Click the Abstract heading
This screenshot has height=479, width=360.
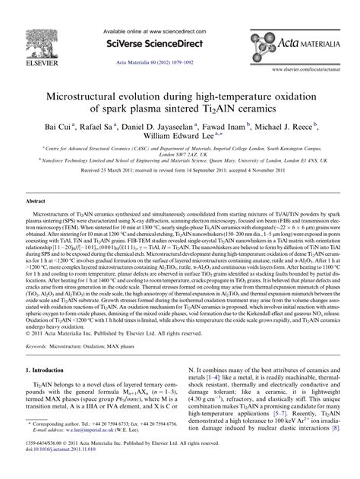click(36, 202)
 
